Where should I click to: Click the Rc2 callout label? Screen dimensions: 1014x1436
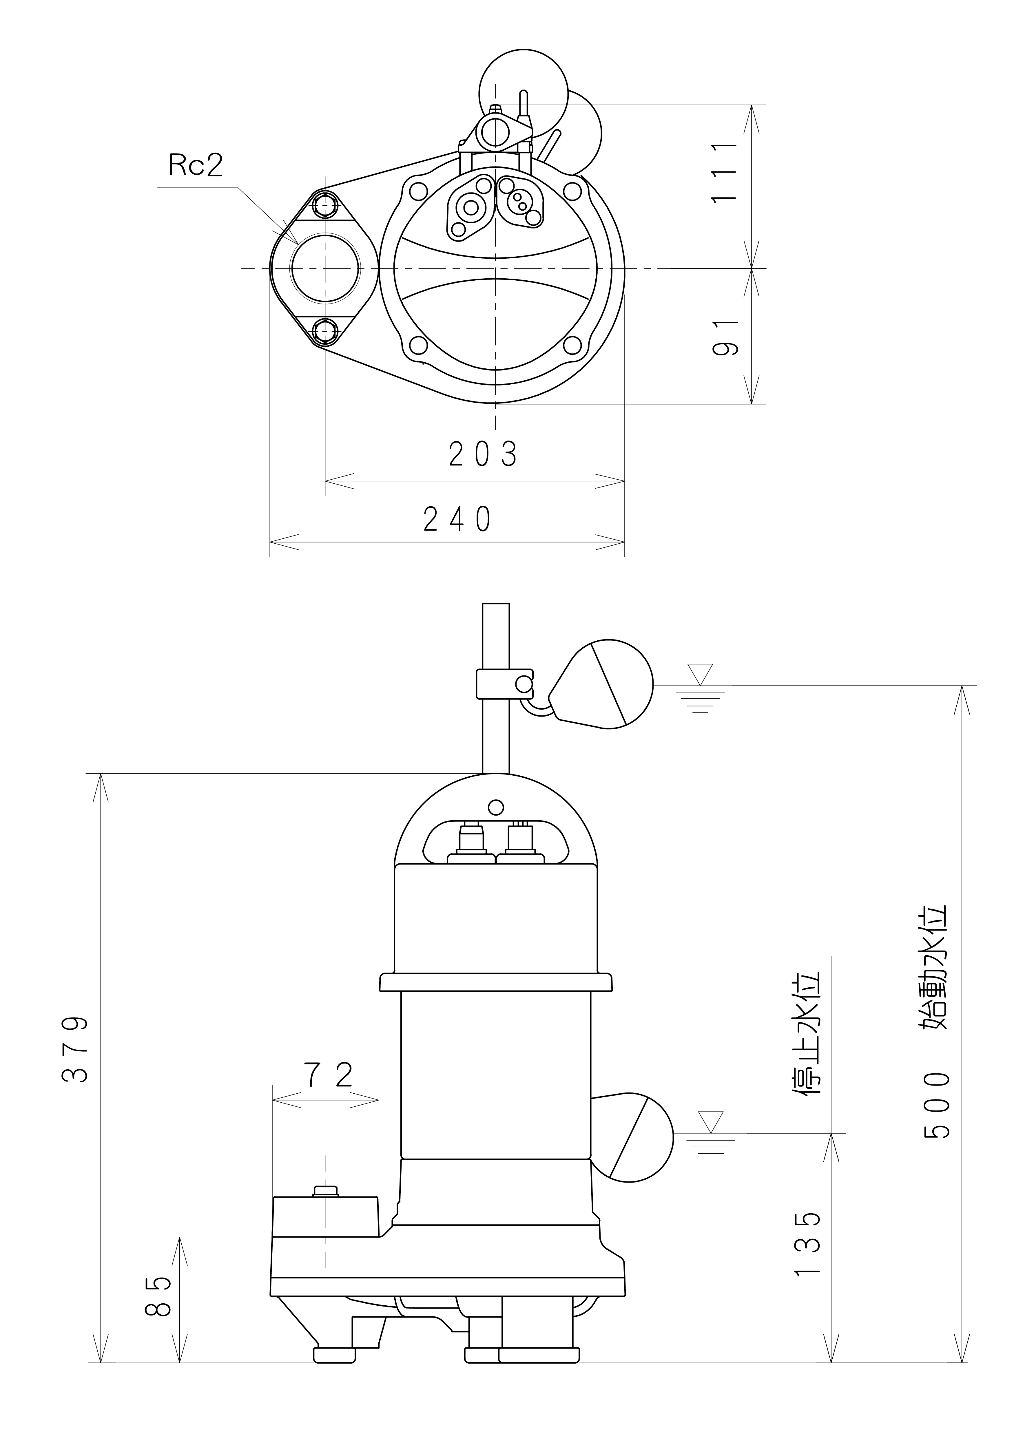[195, 165]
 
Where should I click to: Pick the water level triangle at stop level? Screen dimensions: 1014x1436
[711, 1121]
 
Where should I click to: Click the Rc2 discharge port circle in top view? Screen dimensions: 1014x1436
[325, 268]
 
